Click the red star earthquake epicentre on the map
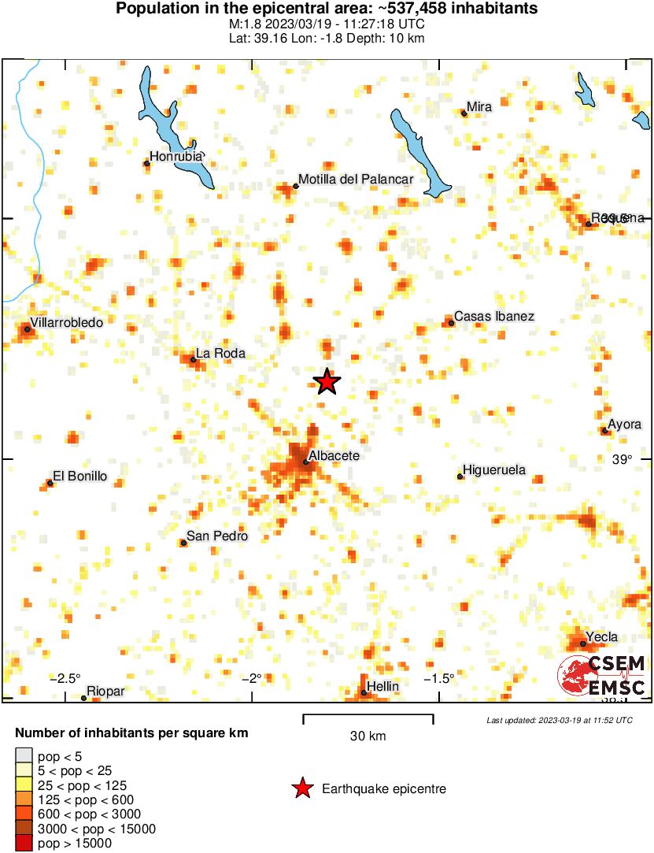click(x=327, y=382)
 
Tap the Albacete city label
click(x=334, y=456)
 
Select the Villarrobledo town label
click(x=66, y=322)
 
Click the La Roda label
click(x=220, y=354)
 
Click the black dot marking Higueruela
click(x=460, y=477)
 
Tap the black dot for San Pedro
click(x=183, y=543)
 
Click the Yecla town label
click(x=601, y=637)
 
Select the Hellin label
click(x=383, y=687)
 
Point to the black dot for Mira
click(x=464, y=113)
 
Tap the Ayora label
click(x=625, y=425)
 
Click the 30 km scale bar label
click(x=368, y=736)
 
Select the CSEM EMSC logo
click(x=602, y=676)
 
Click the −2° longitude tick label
click(x=251, y=678)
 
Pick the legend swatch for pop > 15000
click(x=24, y=844)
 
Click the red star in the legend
click(x=301, y=788)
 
